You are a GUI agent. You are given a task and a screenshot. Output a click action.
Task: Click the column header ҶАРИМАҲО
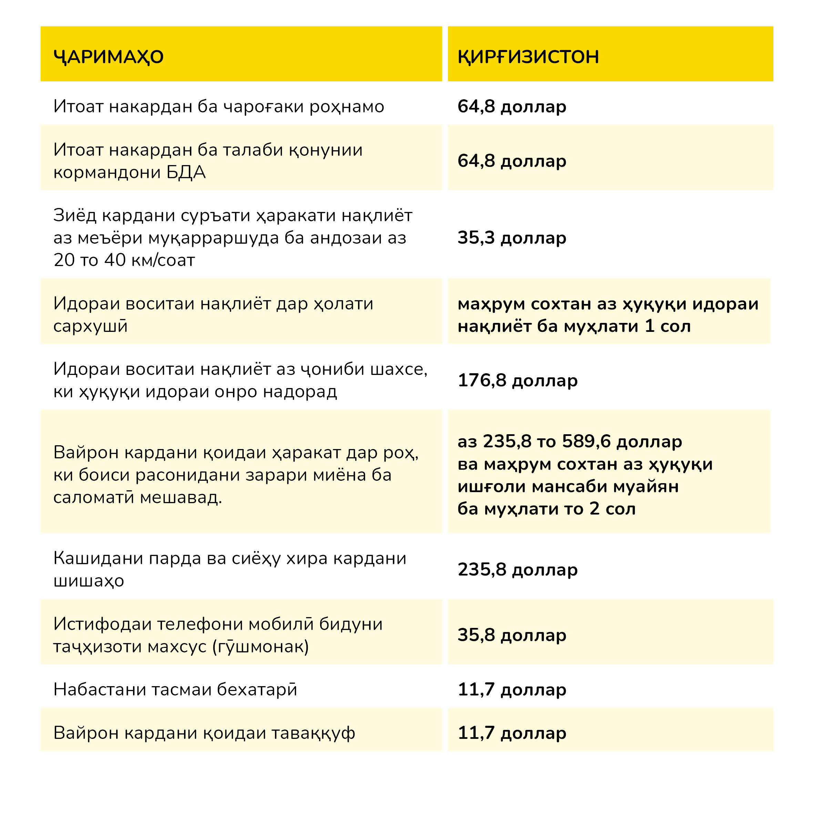click(x=108, y=57)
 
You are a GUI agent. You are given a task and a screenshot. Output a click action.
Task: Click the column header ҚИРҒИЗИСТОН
click(x=528, y=57)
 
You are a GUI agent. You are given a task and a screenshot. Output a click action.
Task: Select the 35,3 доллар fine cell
click(x=511, y=238)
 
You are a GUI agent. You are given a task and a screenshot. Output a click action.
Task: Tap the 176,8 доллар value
click(x=517, y=380)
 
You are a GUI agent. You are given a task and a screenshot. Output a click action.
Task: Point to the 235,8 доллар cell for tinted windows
click(x=517, y=569)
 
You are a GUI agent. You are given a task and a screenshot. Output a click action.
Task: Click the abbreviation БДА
click(x=186, y=172)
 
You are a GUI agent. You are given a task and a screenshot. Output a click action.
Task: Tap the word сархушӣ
click(x=90, y=326)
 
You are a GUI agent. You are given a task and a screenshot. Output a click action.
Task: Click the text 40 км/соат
click(x=150, y=260)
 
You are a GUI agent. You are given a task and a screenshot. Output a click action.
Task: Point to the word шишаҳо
click(x=89, y=581)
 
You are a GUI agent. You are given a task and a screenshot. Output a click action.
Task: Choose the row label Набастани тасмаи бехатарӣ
click(x=175, y=689)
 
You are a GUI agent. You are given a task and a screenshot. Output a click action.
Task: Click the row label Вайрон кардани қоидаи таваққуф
click(x=204, y=733)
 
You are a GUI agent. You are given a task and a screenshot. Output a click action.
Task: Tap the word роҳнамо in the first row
click(x=346, y=106)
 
